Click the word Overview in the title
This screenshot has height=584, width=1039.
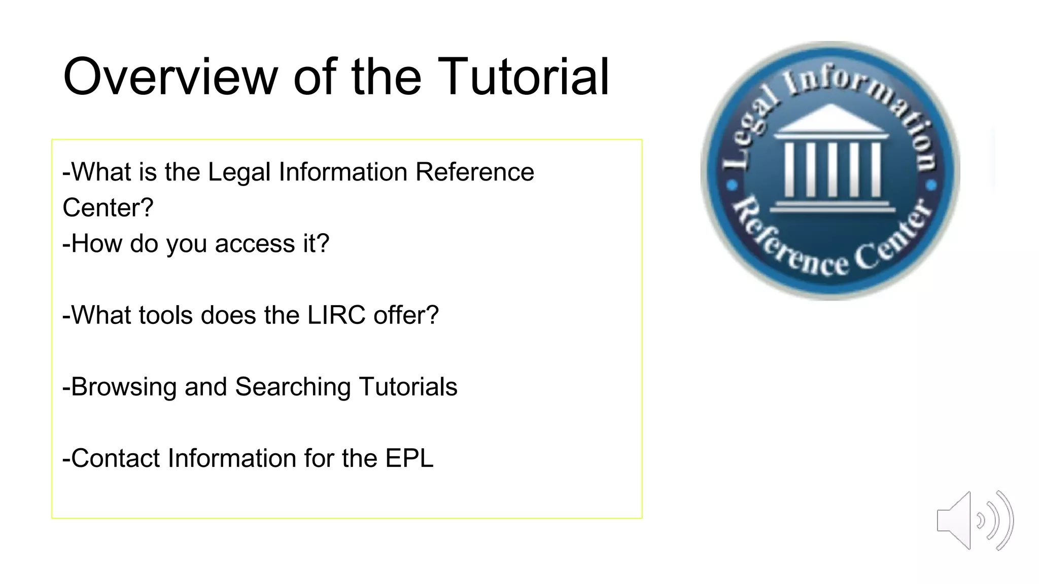click(x=170, y=77)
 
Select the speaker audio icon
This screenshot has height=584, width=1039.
click(x=975, y=521)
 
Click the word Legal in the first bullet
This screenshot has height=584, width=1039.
click(x=239, y=172)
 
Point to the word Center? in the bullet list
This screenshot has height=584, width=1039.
click(x=108, y=208)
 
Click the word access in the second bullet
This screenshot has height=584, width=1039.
click(x=255, y=244)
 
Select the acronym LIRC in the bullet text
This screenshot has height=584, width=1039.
click(x=336, y=315)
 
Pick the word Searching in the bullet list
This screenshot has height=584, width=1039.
click(x=293, y=387)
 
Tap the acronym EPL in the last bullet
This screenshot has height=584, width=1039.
click(x=409, y=458)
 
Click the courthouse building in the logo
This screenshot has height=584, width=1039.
click(x=832, y=162)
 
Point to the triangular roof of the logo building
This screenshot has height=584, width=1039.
click(x=830, y=120)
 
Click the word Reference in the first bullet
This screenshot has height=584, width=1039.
click(x=474, y=172)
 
